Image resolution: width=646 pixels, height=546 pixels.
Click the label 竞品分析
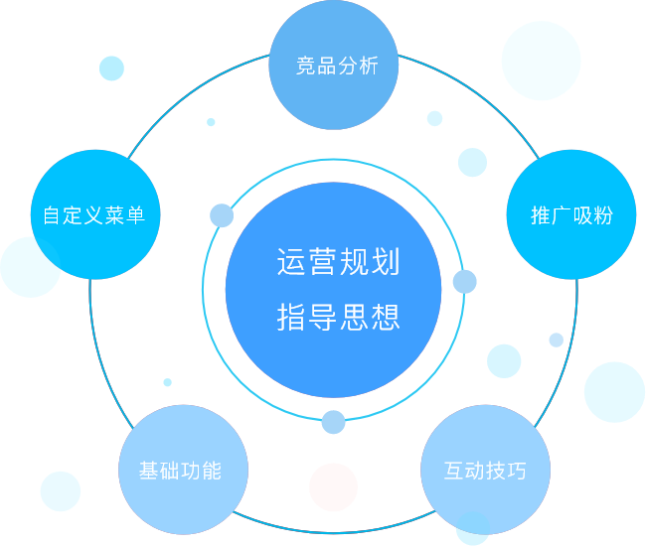click(337, 66)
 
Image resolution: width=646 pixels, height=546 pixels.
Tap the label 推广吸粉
click(571, 214)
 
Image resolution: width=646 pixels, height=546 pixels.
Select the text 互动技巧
click(485, 471)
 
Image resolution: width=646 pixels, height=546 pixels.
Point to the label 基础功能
click(181, 471)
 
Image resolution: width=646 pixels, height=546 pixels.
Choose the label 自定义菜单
click(94, 214)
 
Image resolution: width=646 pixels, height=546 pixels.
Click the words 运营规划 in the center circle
click(338, 262)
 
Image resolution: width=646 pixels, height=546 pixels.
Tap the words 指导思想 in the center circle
click(338, 317)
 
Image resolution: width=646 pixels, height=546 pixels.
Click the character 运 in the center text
click(291, 262)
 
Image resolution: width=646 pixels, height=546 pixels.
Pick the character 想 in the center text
click(386, 317)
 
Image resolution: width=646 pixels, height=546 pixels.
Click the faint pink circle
click(333, 487)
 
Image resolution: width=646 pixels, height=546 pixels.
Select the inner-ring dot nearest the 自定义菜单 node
click(222, 215)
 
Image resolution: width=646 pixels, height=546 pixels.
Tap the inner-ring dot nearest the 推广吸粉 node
click(465, 282)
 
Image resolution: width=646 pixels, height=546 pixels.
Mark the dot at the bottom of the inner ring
click(333, 422)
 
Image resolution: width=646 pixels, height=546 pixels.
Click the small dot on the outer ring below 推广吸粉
click(557, 340)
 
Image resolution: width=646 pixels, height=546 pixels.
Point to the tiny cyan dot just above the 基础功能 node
click(167, 382)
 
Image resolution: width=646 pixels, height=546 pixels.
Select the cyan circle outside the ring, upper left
click(111, 68)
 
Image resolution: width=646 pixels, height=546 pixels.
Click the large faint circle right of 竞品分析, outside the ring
click(541, 61)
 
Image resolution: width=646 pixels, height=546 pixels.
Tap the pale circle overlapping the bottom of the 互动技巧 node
click(472, 528)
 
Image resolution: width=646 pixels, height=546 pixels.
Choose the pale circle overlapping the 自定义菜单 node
click(31, 267)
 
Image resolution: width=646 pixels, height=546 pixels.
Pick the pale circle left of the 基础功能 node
click(61, 491)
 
